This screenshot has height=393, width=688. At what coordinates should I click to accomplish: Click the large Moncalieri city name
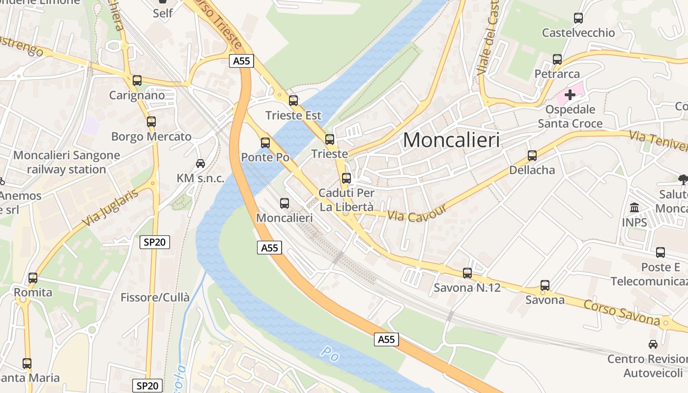pyautogui.click(x=451, y=140)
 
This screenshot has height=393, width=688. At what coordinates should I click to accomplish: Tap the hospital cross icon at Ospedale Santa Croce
pyautogui.click(x=570, y=94)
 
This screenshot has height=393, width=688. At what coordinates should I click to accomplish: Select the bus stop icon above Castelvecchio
pyautogui.click(x=578, y=18)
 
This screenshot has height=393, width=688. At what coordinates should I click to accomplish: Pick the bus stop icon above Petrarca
pyautogui.click(x=557, y=59)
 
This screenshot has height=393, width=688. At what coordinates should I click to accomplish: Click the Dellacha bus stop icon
pyautogui.click(x=532, y=156)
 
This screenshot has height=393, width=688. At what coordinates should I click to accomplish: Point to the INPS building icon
pyautogui.click(x=634, y=207)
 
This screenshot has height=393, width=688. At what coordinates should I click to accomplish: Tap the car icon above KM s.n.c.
pyautogui.click(x=201, y=164)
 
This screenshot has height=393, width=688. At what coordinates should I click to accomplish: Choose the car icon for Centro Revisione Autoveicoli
pyautogui.click(x=653, y=344)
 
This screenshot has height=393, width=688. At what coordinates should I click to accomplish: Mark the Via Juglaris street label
pyautogui.click(x=111, y=208)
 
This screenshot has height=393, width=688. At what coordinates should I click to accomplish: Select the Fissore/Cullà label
pyautogui.click(x=155, y=297)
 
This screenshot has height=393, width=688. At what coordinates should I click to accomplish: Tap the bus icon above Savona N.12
pyautogui.click(x=467, y=273)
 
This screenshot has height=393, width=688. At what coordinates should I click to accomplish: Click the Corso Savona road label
pyautogui.click(x=622, y=312)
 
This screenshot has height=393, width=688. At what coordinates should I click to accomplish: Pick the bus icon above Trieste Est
pyautogui.click(x=293, y=101)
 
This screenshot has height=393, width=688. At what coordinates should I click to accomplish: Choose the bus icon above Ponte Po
pyautogui.click(x=265, y=143)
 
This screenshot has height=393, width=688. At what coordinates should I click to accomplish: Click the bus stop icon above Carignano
pyautogui.click(x=137, y=81)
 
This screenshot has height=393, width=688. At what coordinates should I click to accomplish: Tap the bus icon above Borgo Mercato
pyautogui.click(x=151, y=122)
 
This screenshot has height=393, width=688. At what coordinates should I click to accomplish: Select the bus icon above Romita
pyautogui.click(x=33, y=278)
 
